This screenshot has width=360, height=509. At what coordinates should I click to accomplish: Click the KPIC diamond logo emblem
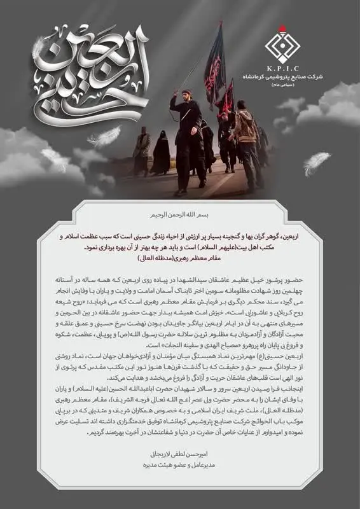[284, 40]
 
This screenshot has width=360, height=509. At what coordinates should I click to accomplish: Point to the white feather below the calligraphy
[105, 135]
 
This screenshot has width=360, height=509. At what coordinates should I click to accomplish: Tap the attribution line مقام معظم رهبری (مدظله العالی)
[180, 258]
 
